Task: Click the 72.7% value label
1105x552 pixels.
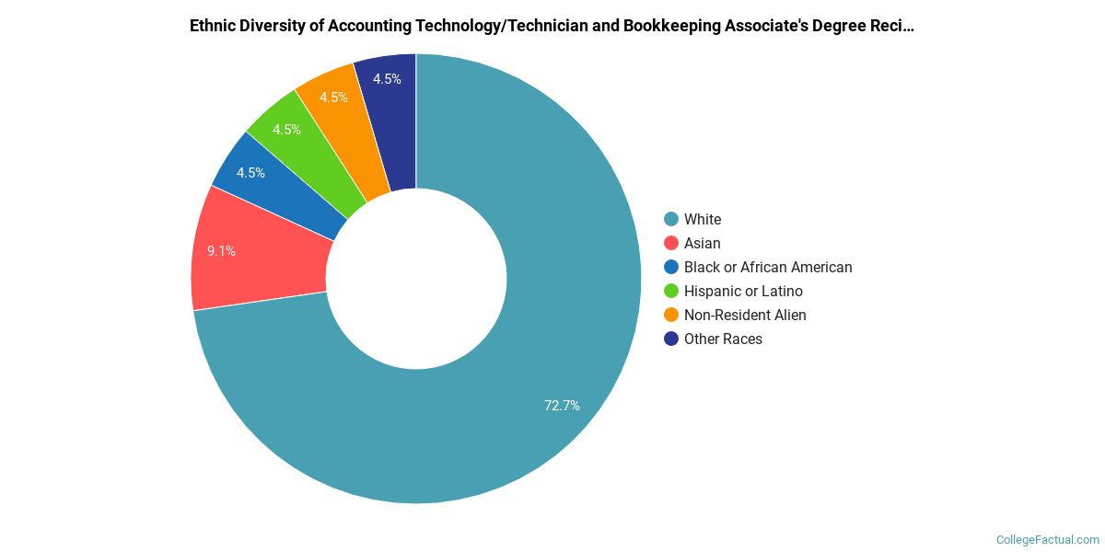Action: (x=562, y=405)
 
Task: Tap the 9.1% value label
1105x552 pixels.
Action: (x=221, y=250)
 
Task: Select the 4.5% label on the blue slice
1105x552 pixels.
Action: (x=250, y=173)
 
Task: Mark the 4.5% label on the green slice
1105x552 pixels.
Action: (x=286, y=130)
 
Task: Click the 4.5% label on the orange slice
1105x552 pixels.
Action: (x=333, y=98)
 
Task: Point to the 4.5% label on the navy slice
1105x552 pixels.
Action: (x=387, y=79)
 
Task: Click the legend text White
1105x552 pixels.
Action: (x=703, y=219)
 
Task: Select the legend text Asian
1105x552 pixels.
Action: (x=703, y=243)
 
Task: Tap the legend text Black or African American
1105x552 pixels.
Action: (x=768, y=267)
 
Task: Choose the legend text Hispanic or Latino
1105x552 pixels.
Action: (x=743, y=291)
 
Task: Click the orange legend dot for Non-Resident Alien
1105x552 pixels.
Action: (x=671, y=315)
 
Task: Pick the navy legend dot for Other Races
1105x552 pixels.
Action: (x=671, y=339)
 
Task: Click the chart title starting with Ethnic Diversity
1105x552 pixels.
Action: (x=552, y=26)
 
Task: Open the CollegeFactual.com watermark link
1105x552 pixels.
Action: (x=1048, y=540)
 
